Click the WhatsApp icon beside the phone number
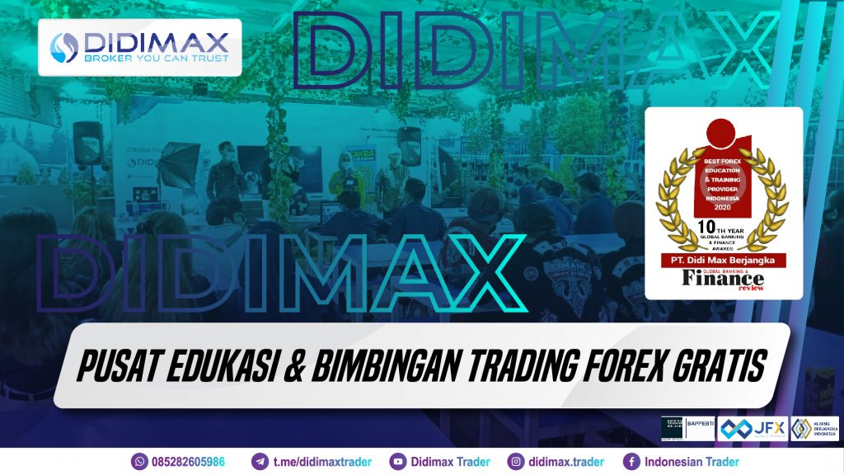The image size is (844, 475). (138, 462)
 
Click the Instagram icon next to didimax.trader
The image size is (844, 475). (516, 462)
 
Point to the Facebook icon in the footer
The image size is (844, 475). (631, 462)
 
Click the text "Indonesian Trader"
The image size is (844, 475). (692, 462)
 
